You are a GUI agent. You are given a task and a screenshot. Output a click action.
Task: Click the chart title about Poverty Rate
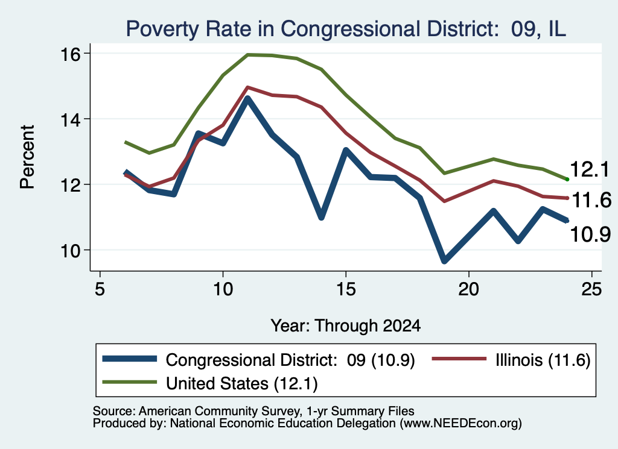click(x=346, y=29)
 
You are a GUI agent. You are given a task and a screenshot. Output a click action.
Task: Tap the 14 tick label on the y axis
click(x=70, y=119)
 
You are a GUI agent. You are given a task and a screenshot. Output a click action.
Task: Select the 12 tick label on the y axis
click(x=70, y=184)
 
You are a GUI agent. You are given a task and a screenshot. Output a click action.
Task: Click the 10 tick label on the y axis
click(x=70, y=250)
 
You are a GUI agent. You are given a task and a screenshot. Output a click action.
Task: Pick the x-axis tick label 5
click(x=100, y=289)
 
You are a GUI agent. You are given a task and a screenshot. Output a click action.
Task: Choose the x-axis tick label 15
click(x=346, y=289)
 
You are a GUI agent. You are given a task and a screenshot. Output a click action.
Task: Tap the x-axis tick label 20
click(x=468, y=289)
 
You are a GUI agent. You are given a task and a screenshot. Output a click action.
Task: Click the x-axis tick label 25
click(x=591, y=289)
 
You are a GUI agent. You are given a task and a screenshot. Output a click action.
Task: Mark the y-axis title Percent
click(x=27, y=157)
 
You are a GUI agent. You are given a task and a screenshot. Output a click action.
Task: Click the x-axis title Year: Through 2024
click(x=346, y=326)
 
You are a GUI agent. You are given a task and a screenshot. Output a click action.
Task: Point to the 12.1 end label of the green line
click(x=590, y=169)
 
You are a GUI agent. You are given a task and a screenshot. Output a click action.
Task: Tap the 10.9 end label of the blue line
click(x=590, y=234)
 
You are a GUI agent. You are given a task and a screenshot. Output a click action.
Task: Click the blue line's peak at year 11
click(x=247, y=98)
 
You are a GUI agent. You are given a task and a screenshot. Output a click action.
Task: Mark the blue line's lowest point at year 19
click(x=444, y=260)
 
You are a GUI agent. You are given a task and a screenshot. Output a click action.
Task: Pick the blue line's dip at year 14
click(x=321, y=217)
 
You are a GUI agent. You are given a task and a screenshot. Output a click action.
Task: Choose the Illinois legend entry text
click(x=543, y=360)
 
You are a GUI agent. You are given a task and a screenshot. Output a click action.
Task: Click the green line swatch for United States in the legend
click(x=130, y=382)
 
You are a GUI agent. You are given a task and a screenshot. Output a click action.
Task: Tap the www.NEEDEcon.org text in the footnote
click(x=460, y=424)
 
